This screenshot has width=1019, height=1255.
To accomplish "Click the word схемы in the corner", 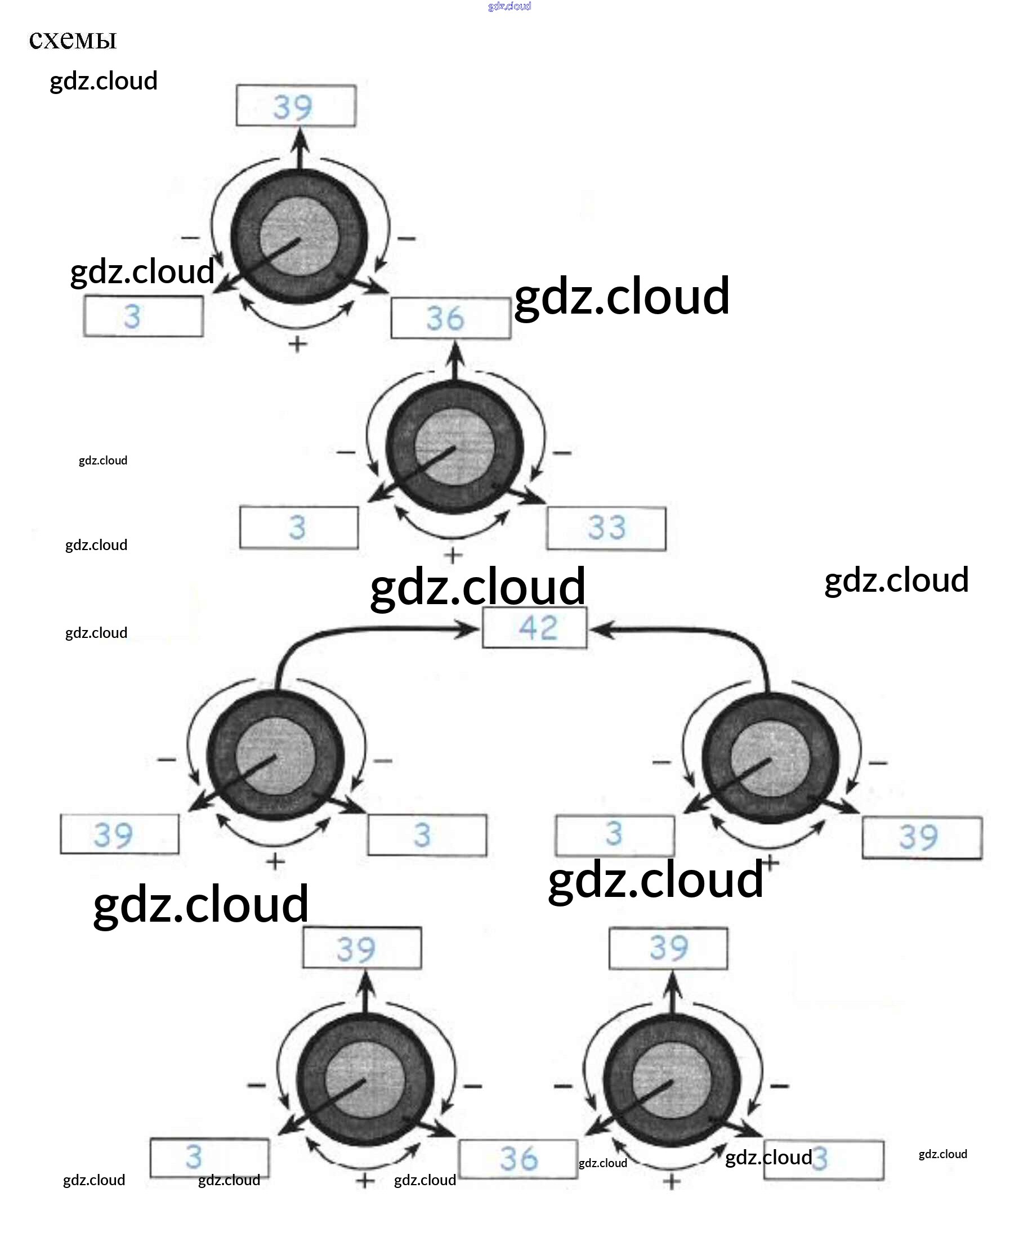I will click(x=73, y=40).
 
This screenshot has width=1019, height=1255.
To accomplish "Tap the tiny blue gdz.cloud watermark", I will click(x=509, y=6).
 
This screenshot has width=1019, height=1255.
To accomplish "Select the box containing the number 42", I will click(x=534, y=627).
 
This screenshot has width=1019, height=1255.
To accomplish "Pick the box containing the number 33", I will click(x=606, y=528).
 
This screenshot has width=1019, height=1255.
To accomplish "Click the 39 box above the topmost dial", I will click(x=296, y=106).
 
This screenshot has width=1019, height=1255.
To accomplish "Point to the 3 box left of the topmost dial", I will click(x=143, y=316).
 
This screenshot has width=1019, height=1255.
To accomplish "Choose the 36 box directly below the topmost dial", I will click(x=451, y=319).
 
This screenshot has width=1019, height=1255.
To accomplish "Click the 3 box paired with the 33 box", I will click(x=299, y=527).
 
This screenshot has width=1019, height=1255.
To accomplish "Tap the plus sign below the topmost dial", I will click(x=298, y=343).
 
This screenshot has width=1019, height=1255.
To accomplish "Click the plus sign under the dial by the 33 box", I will click(x=452, y=555).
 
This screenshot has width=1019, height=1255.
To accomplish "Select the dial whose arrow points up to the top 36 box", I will click(x=454, y=447).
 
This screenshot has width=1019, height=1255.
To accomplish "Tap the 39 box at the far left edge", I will click(x=120, y=834).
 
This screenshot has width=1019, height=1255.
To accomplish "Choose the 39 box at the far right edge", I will click(x=922, y=838).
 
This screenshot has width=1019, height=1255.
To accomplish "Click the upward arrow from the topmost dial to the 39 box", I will click(x=301, y=150).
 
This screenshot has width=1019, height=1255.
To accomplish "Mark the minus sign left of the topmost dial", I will click(x=190, y=238).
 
